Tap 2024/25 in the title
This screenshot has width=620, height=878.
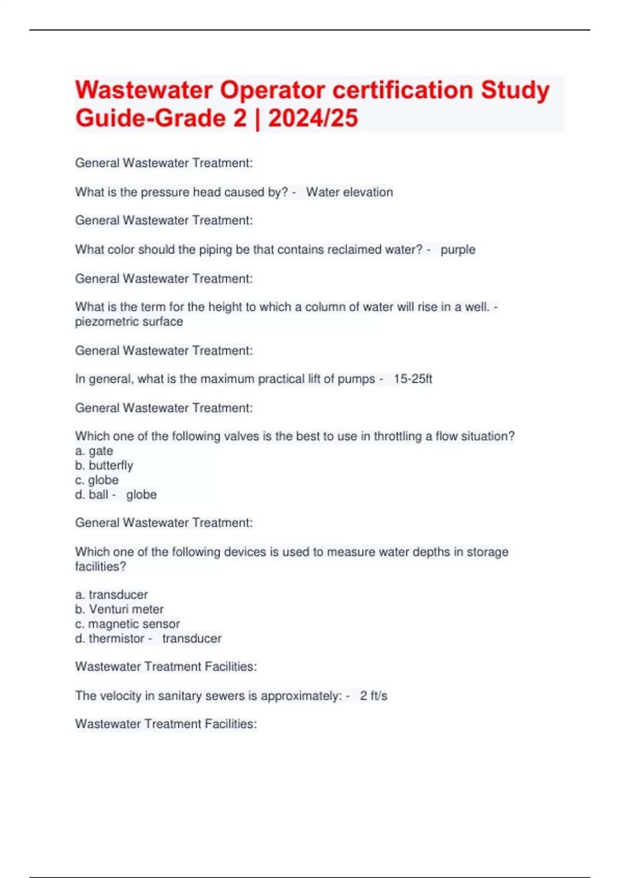tap(313, 118)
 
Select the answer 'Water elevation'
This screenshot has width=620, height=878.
tap(349, 192)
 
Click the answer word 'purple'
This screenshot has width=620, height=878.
tap(458, 250)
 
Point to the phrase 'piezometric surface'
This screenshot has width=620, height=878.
tap(129, 322)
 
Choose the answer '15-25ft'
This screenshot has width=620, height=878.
tap(412, 379)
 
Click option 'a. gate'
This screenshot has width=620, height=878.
tap(94, 451)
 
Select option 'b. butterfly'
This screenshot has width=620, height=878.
tap(104, 465)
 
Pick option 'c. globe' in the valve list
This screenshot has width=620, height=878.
tap(97, 480)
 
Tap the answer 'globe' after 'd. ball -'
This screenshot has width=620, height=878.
tap(141, 495)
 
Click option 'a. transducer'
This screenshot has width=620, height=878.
tap(111, 594)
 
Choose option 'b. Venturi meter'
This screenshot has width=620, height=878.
tap(119, 609)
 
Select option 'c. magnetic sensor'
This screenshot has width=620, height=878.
tap(127, 624)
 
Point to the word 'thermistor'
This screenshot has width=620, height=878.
tap(116, 639)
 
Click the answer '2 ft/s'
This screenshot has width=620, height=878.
tap(373, 696)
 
